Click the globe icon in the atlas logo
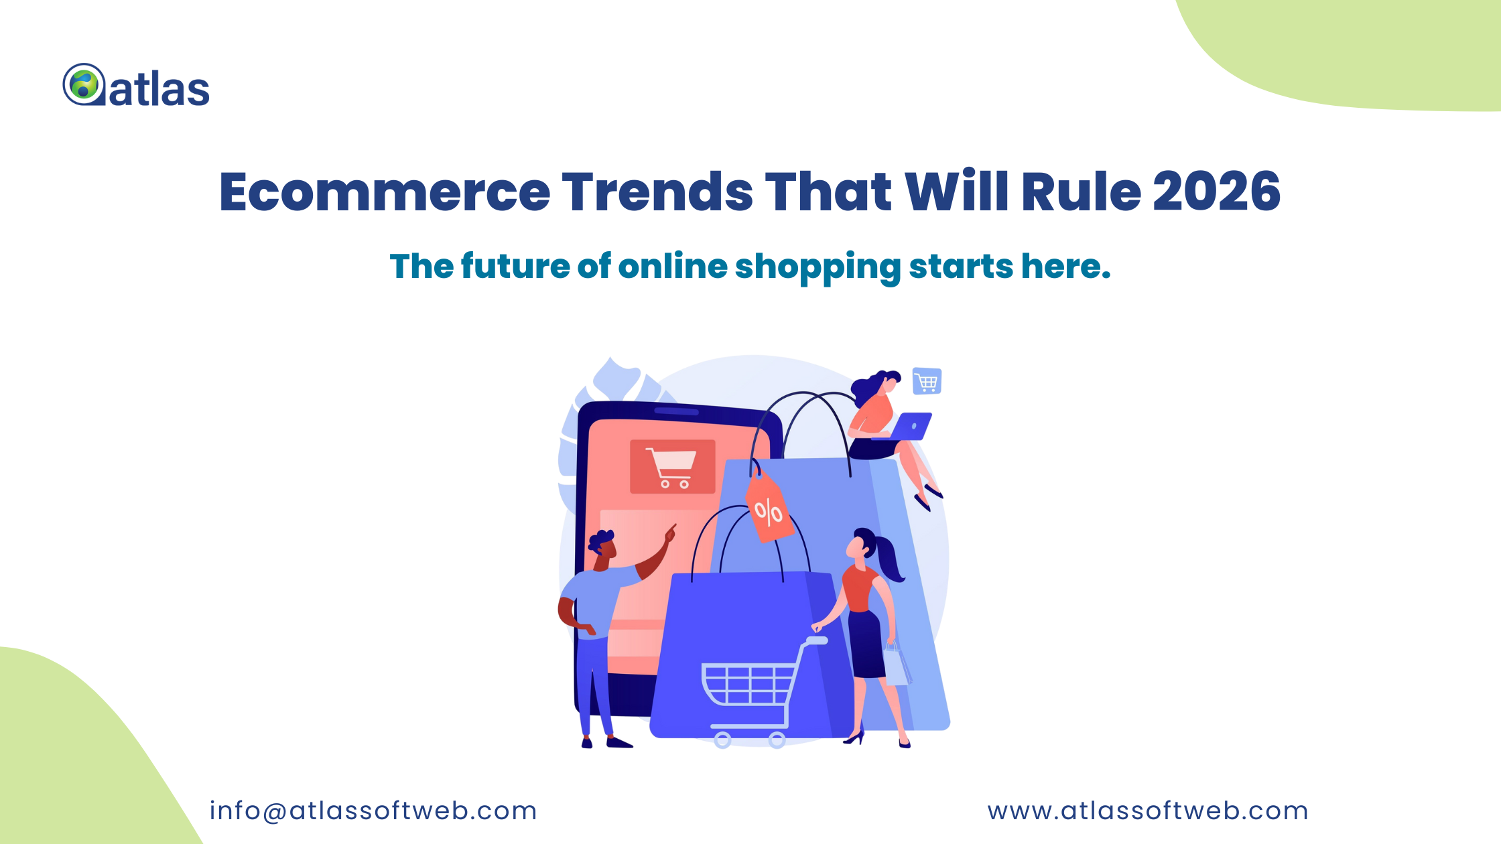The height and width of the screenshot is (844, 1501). coord(84,84)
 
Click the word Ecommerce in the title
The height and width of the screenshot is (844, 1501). coord(385,192)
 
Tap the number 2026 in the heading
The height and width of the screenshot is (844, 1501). coord(1216,192)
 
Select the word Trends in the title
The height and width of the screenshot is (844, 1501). coord(657,192)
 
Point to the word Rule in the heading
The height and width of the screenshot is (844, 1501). coord(1080,192)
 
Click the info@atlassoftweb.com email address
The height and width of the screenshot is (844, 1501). coord(373,811)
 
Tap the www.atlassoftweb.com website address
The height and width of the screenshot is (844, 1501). coord(1147,811)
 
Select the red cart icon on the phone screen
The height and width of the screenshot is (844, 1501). coord(672,467)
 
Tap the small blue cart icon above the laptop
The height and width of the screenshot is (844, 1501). coord(927,381)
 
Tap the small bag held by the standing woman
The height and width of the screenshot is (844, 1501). coord(897,666)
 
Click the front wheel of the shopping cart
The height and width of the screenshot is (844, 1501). coord(722,740)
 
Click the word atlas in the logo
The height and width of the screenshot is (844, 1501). coord(159,89)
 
